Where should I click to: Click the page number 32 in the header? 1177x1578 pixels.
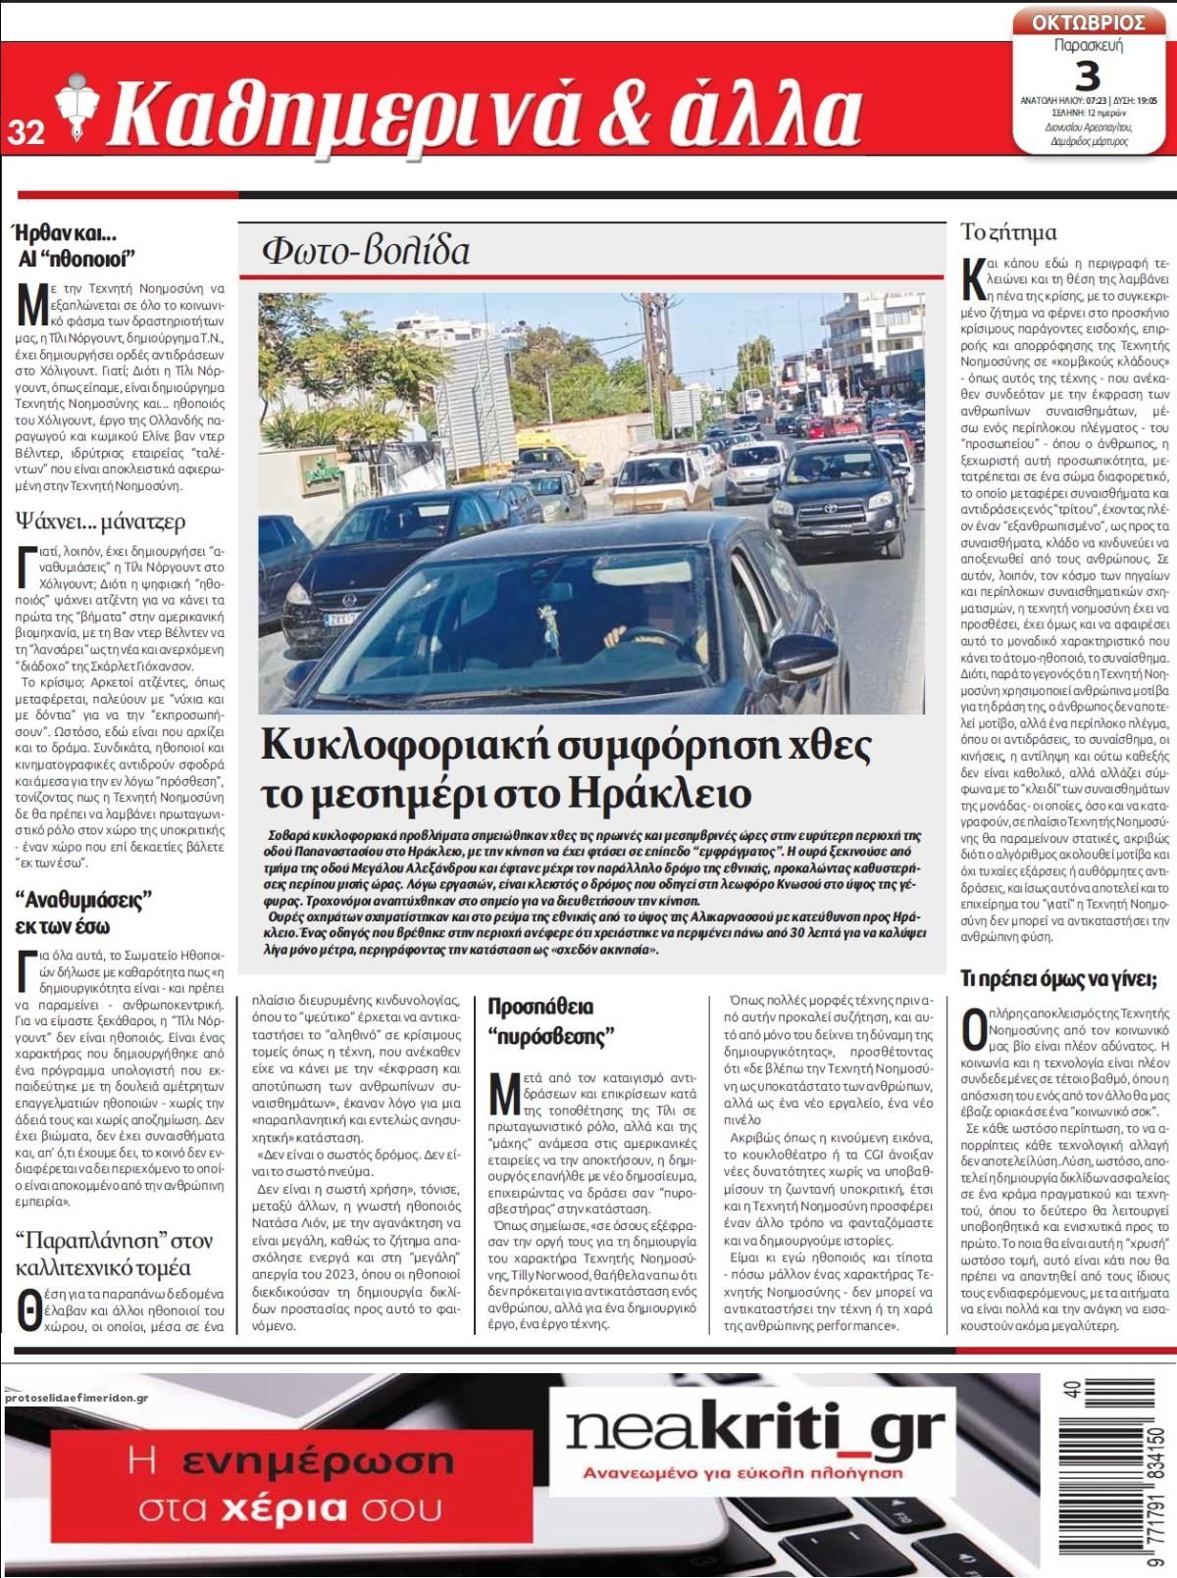(x=26, y=131)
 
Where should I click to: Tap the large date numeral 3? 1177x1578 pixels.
(x=1088, y=74)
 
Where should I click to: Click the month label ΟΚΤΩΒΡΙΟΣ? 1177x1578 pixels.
(x=1089, y=23)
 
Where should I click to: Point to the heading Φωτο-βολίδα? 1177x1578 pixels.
(x=366, y=251)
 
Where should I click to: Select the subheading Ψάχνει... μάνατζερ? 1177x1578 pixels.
(x=100, y=521)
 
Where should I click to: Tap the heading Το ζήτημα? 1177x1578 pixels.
(x=1008, y=232)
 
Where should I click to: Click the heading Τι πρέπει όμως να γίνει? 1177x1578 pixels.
(x=1058, y=978)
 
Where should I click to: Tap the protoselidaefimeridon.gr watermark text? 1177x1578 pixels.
(x=76, y=1399)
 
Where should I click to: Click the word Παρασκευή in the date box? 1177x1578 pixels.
(x=1088, y=46)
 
